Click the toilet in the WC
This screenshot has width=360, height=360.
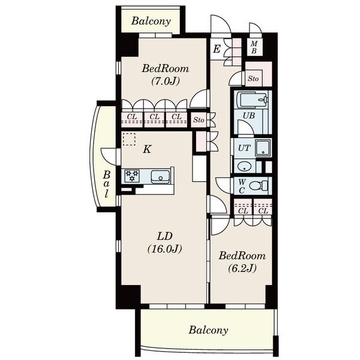point(258,185)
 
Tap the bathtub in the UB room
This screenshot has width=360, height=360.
point(253,100)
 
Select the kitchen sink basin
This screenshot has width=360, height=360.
point(160,177)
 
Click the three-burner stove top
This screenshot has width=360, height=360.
point(132,176)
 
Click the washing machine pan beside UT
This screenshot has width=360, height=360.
point(263,148)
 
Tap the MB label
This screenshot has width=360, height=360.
point(254,47)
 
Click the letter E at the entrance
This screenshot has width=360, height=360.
point(217,49)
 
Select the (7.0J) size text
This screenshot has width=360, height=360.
point(166,81)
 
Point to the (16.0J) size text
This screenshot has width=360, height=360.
point(164,248)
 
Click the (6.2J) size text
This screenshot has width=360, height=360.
point(242,268)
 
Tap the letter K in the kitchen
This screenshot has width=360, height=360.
point(147,149)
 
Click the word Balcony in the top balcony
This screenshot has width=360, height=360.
point(151,21)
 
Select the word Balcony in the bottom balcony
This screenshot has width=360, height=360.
point(208,330)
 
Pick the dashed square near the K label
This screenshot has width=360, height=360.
point(129,139)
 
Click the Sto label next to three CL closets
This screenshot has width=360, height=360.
point(199,120)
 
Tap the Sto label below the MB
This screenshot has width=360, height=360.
point(253,79)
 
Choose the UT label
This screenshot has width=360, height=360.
point(244,148)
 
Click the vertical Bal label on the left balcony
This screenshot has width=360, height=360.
point(106,184)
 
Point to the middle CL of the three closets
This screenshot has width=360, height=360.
point(154,117)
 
